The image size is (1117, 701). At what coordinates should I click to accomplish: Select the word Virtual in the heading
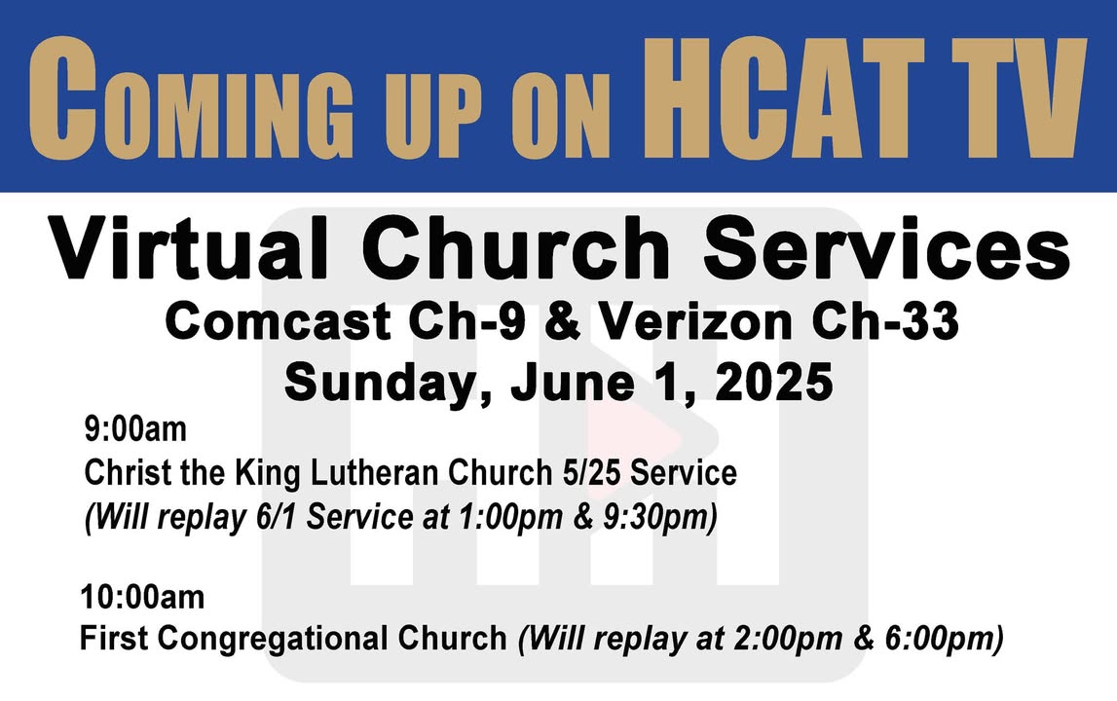(x=189, y=248)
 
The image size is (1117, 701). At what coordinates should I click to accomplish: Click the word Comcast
(x=278, y=321)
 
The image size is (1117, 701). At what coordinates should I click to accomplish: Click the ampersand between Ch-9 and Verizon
(x=563, y=321)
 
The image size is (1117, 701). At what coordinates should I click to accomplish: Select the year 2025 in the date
(x=774, y=381)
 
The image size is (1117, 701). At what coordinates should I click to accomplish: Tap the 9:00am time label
(x=135, y=428)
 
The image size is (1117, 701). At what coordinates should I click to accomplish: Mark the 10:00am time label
(x=142, y=597)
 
